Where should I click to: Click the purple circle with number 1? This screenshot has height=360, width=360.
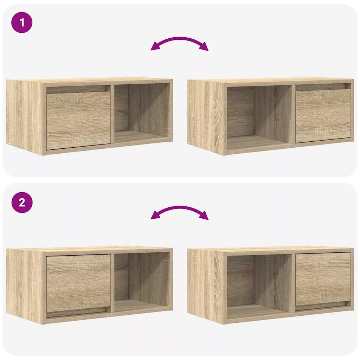pyautogui.click(x=22, y=22)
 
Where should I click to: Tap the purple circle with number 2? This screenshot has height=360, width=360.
pyautogui.click(x=22, y=202)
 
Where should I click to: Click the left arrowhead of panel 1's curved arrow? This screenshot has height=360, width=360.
pyautogui.click(x=155, y=47)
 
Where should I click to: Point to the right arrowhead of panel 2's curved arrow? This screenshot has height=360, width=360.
pyautogui.click(x=204, y=216)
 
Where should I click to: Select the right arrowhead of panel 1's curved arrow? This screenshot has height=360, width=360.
pyautogui.click(x=204, y=47)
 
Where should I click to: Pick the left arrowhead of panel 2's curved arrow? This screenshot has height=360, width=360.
pyautogui.click(x=155, y=216)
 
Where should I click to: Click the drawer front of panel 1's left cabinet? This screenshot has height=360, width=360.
pyautogui.click(x=78, y=121)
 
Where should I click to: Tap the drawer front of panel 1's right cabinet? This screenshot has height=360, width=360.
pyautogui.click(x=323, y=115)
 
